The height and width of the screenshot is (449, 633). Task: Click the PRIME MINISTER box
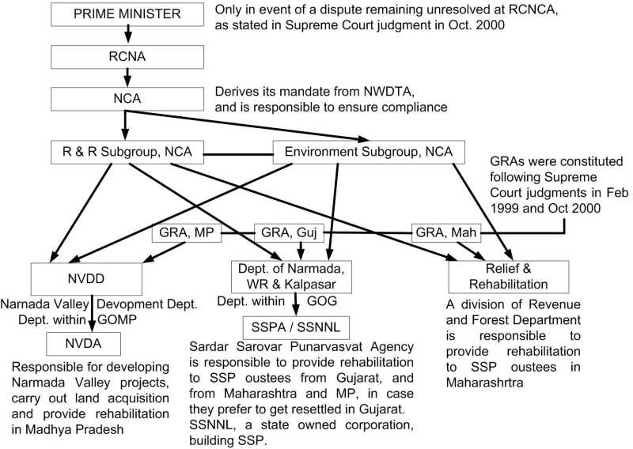127,14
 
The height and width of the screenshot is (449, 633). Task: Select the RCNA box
127,56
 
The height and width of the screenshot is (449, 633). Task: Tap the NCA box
127,99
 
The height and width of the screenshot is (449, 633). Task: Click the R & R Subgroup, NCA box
127,152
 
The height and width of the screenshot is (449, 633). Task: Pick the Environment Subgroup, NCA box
369,152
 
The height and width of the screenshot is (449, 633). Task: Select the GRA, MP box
187,232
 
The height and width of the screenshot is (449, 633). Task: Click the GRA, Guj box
289,232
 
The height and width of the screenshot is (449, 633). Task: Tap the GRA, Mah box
446,232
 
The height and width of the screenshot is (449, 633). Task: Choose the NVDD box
86,279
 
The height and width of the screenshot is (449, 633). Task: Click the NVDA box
83,344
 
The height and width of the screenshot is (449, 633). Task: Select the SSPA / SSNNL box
296,327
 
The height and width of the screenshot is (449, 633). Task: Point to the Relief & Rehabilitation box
509,277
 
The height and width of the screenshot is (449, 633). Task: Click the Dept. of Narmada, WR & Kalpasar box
291,277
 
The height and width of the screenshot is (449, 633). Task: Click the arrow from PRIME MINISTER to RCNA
127,34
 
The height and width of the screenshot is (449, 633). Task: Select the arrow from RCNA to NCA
127,77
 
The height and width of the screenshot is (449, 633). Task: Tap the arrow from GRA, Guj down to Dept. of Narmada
301,251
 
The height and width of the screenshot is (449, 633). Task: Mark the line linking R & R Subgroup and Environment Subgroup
238,154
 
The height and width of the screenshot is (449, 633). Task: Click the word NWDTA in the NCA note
389,92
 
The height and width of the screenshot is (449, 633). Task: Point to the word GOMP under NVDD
117,320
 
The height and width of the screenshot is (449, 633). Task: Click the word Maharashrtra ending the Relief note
484,383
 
